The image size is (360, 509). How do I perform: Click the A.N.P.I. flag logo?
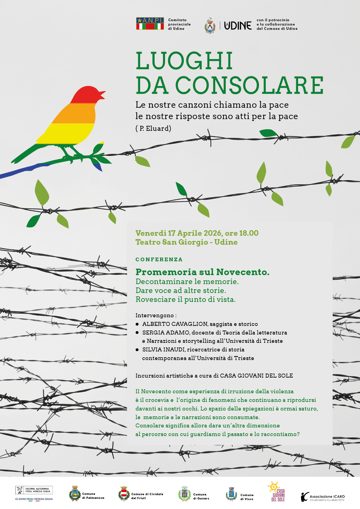(150, 24)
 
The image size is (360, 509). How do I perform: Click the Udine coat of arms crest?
(210, 26)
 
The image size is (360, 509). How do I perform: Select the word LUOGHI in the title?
(184, 61)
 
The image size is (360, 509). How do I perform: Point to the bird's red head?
(86, 94)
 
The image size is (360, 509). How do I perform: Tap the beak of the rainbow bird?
(102, 94)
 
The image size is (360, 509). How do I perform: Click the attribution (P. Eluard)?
(153, 128)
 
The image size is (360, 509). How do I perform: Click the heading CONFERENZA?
(159, 259)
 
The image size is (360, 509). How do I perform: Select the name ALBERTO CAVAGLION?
(175, 324)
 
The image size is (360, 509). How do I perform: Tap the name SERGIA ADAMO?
(165, 332)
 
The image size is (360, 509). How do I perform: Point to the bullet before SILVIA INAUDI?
(137, 350)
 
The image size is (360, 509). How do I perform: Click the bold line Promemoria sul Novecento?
(202, 272)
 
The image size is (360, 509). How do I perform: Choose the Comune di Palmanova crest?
(75, 493)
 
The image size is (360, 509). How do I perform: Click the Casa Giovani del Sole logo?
(276, 491)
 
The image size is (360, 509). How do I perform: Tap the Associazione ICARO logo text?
(327, 497)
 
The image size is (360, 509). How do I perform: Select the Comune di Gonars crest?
(184, 494)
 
